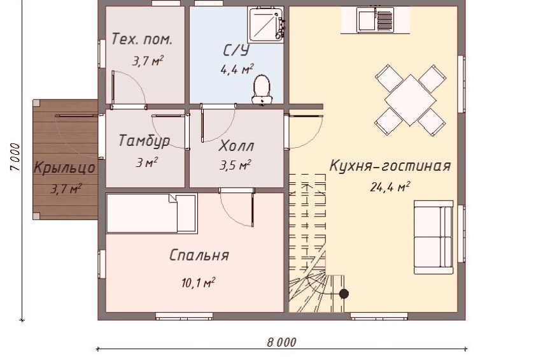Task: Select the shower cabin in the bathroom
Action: [x=266, y=25]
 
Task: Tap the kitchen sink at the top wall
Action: [x=375, y=20]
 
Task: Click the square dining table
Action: [x=410, y=100]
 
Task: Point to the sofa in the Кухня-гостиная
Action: [x=434, y=237]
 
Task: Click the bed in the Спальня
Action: [x=152, y=213]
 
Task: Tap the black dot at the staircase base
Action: [x=344, y=294]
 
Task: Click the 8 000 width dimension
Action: [x=281, y=342]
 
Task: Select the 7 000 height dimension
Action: [x=16, y=157]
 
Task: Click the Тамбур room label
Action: [x=145, y=141]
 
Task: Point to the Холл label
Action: [x=236, y=146]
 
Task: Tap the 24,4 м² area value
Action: [x=390, y=187]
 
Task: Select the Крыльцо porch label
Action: [x=64, y=168]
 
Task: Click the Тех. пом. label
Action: [x=142, y=40]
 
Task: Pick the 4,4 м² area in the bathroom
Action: [x=237, y=69]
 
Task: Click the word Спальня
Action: [x=199, y=256]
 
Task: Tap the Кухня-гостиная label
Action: [x=390, y=166]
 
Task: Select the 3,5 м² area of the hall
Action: [x=235, y=166]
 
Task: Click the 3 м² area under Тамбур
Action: [x=146, y=162]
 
